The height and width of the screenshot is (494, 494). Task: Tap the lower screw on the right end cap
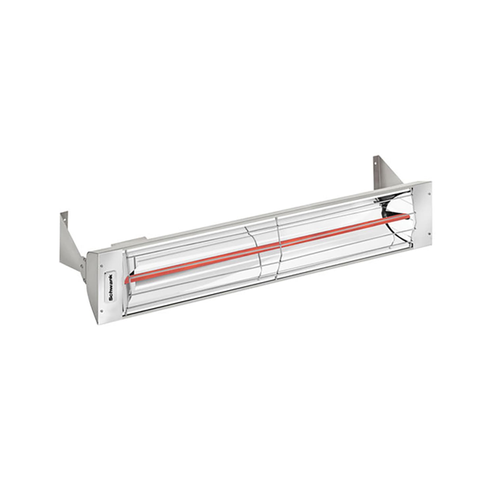[x=429, y=234]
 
